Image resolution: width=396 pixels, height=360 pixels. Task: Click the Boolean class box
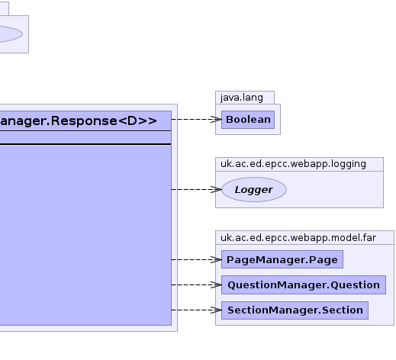(248, 120)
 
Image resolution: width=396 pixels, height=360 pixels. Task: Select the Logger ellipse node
(254, 190)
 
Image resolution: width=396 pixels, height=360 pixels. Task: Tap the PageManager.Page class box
(282, 259)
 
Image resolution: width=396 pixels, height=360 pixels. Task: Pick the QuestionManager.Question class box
(304, 284)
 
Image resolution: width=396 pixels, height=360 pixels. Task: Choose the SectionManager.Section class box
(295, 310)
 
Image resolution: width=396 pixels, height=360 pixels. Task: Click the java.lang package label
(242, 98)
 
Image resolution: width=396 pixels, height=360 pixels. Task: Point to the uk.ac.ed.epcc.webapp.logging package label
(293, 164)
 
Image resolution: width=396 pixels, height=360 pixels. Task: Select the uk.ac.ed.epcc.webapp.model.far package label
(298, 238)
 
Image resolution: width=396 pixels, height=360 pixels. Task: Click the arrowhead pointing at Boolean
(217, 120)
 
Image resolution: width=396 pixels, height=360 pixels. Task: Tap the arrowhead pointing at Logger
(217, 190)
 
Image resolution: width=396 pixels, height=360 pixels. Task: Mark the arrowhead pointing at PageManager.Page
(217, 259)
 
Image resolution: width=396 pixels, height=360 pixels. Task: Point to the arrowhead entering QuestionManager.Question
(217, 285)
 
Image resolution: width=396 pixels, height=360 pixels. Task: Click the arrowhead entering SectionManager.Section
(217, 310)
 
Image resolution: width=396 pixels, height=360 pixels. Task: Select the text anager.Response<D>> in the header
(79, 121)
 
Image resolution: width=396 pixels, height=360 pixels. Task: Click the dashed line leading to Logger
(197, 190)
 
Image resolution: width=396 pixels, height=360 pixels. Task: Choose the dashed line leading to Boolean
(197, 120)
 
